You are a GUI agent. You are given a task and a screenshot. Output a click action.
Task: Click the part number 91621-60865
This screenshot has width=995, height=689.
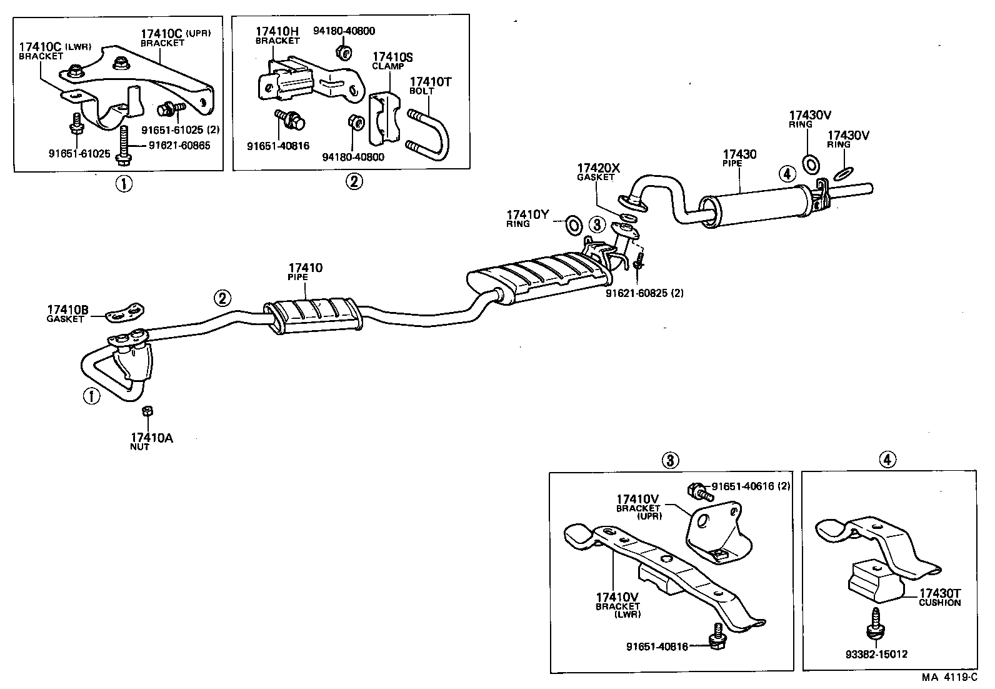179,145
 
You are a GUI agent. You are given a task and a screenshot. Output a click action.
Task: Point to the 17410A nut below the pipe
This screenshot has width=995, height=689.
148,411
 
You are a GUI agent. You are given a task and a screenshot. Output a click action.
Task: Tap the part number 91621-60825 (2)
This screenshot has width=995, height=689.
644,293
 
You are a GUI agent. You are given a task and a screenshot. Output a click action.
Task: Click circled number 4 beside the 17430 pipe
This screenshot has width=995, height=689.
787,173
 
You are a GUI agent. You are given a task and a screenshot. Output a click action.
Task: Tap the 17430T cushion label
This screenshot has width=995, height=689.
939,597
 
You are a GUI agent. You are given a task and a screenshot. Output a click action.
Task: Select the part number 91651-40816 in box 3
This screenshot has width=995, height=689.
656,646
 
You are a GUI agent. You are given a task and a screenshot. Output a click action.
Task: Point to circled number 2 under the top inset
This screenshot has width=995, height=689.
353,182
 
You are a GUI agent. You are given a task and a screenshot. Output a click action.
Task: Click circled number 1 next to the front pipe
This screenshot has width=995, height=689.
91,396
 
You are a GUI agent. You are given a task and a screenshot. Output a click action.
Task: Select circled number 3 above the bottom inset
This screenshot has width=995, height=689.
669,461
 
